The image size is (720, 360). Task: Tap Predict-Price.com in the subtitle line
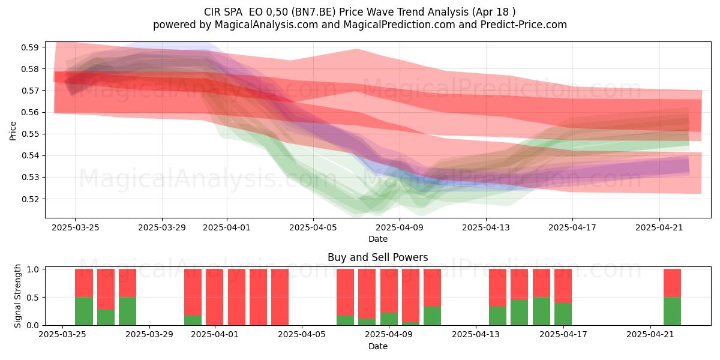[524, 25]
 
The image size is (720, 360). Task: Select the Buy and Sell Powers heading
[377, 257]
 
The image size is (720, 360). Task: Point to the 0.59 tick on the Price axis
[30, 47]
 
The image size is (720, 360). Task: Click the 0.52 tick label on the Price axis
[30, 199]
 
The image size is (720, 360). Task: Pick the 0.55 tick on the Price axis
[30, 134]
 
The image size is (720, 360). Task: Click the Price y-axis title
[13, 131]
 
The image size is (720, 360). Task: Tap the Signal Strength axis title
[17, 296]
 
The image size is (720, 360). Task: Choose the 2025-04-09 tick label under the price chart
[400, 227]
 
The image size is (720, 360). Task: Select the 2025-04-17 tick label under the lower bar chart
[563, 335]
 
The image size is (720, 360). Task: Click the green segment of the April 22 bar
[672, 311]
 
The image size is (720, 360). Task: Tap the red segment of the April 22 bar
[672, 283]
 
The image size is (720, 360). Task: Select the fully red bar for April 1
[215, 297]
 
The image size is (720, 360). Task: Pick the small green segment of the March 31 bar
[193, 320]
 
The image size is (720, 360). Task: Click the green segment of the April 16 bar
[541, 311]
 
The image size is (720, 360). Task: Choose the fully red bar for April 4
[280, 297]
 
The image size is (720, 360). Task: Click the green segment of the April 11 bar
[433, 316]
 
